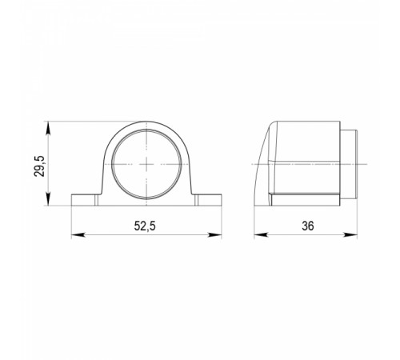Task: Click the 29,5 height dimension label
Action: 40,166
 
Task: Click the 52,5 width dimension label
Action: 145,226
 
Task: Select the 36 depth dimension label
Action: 308,226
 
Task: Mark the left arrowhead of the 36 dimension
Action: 260,234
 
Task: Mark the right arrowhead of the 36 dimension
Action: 350,234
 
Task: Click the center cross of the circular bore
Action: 146,164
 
